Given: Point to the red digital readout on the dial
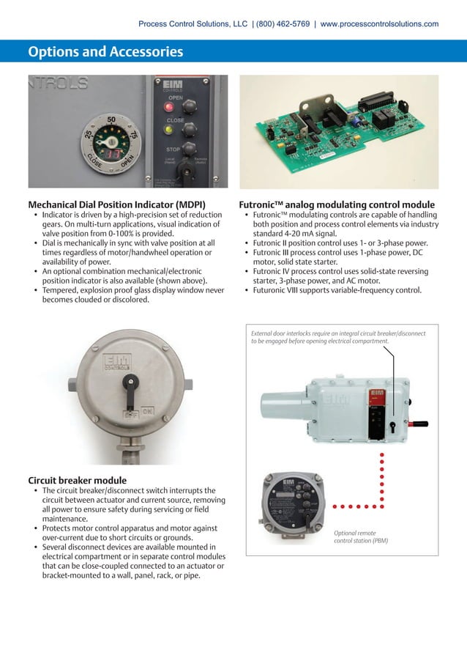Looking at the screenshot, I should [113, 155].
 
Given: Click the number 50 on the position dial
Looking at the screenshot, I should [111, 118].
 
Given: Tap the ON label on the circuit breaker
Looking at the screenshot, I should [146, 412].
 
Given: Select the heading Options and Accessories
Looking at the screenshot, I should [105, 52].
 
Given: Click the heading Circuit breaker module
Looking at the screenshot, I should [77, 481].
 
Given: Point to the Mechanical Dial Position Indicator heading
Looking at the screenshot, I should [116, 204].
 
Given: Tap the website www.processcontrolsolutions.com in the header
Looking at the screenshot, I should [379, 24].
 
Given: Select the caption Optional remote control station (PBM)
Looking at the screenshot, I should [360, 537].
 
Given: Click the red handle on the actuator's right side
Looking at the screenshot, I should [419, 424].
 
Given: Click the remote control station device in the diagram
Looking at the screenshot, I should [294, 506].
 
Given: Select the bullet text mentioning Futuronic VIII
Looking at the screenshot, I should [337, 289].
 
